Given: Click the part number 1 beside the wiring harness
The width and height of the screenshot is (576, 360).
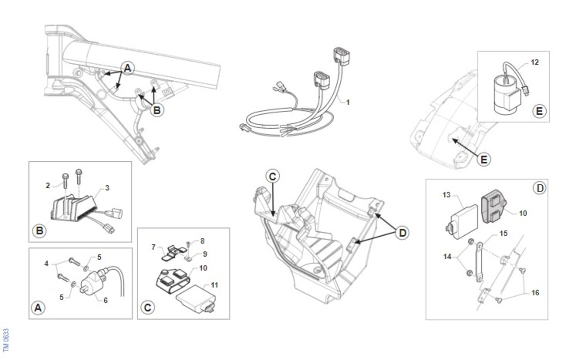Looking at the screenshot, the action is [348, 102].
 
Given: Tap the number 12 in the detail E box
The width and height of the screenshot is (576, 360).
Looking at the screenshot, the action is [535, 62].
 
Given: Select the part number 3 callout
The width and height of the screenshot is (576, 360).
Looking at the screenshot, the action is [107, 188].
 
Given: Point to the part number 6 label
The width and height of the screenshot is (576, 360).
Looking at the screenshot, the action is [106, 300].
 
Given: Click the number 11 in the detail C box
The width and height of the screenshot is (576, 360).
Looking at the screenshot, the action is [214, 285].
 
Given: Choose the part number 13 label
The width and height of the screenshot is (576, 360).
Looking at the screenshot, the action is [446, 195].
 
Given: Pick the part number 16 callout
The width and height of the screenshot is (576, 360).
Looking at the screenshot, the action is [535, 293].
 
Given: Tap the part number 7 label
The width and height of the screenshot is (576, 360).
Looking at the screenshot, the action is [154, 247].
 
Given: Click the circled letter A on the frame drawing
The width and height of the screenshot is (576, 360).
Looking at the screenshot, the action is [128, 68].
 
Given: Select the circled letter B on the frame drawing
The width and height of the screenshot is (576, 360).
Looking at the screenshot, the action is [157, 110].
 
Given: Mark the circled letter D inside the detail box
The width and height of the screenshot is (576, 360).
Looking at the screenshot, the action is [540, 188].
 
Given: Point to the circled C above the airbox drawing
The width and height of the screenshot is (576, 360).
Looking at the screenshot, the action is [273, 177].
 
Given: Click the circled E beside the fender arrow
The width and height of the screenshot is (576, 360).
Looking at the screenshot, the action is [484, 159].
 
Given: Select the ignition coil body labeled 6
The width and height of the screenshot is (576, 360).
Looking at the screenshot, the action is [93, 283].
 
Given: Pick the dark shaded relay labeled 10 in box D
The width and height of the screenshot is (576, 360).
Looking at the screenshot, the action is [493, 206].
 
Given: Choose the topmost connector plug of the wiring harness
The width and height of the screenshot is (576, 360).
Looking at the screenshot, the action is [341, 56].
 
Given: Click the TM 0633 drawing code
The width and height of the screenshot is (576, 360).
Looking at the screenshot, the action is [6, 340].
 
